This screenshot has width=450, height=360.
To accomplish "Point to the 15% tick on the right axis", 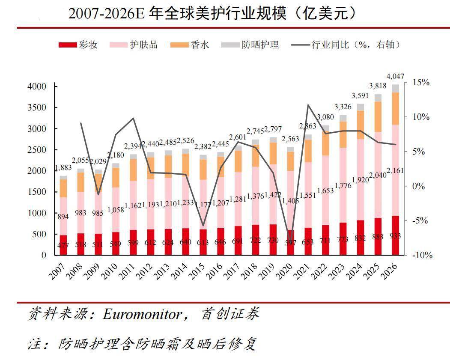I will click(x=421, y=82).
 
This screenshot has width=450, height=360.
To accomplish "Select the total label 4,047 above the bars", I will click(x=395, y=77).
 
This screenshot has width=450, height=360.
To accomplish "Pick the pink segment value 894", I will click(x=63, y=217).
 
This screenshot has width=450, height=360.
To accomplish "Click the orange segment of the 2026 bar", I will click(x=395, y=108).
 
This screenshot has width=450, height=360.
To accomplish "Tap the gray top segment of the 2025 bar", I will click(x=378, y=98).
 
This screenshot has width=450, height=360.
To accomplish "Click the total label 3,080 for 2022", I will click(x=326, y=117).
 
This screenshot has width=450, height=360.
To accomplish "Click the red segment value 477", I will click(x=63, y=245).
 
